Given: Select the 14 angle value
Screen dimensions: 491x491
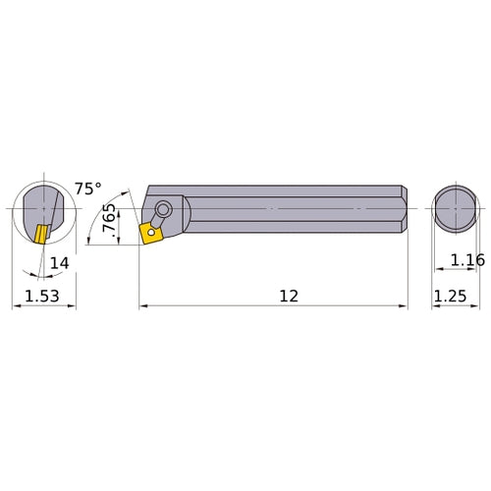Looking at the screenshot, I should [60, 264].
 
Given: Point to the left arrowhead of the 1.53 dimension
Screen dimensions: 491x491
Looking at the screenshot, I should [16, 306].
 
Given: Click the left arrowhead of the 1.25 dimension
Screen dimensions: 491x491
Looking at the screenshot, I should [436, 306].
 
